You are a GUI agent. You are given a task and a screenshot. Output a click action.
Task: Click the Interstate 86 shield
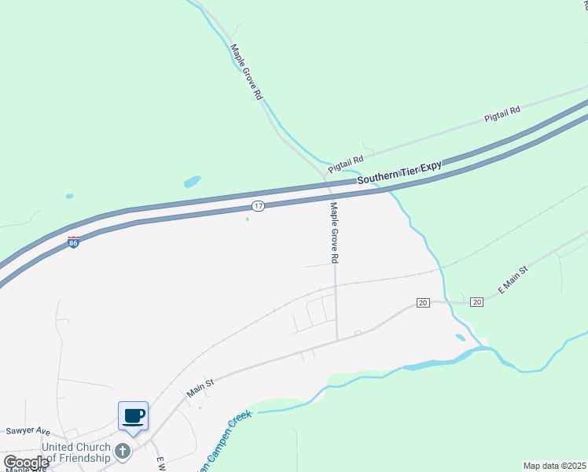(74, 242)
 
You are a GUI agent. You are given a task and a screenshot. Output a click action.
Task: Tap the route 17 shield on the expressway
(258, 205)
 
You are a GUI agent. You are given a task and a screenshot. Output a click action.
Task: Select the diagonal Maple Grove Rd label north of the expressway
(246, 72)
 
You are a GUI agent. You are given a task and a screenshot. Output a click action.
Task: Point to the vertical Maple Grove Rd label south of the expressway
(334, 232)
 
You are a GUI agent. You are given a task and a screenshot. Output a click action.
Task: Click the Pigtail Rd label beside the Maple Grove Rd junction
(346, 163)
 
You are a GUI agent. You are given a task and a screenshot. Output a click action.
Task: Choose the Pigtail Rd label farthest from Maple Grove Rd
(502, 115)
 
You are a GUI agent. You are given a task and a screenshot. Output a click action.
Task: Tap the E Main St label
(513, 279)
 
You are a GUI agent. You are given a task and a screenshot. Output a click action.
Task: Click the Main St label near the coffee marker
(200, 387)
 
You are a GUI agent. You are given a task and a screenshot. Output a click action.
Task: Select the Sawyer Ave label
(28, 431)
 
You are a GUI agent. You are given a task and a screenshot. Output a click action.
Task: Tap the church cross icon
(122, 451)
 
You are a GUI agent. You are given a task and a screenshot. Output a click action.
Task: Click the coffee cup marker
(133, 415)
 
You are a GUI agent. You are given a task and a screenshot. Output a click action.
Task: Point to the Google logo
(25, 463)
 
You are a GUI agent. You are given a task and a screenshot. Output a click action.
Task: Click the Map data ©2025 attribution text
(555, 466)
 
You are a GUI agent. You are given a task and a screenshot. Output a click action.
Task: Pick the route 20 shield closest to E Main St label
(476, 302)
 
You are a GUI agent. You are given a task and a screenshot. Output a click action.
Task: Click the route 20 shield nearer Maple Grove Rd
(422, 303)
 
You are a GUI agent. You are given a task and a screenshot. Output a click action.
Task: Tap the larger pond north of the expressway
(192, 182)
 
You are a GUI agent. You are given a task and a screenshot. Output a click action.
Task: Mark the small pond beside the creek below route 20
(460, 337)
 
